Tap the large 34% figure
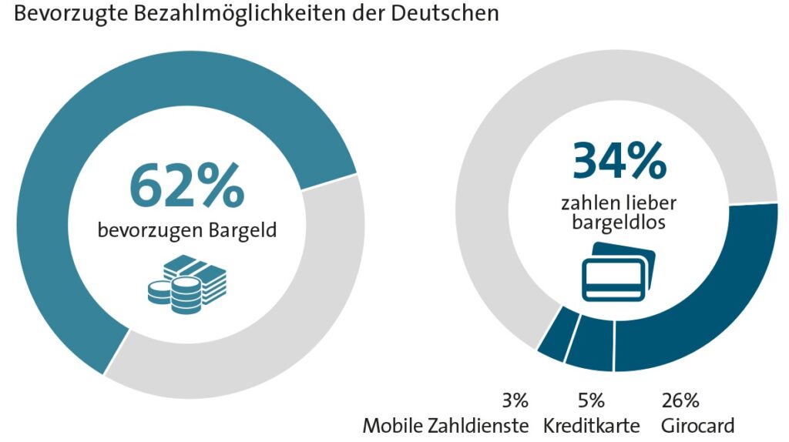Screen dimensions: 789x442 619,161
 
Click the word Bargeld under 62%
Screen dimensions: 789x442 243,230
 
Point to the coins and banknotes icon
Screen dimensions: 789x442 186,284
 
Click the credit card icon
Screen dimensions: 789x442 619,272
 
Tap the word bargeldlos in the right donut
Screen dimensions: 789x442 619,222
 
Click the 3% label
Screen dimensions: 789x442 515,400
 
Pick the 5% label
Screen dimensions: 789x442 591,400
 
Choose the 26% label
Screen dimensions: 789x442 680,400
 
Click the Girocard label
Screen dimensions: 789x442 697,426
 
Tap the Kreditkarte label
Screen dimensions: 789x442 591,426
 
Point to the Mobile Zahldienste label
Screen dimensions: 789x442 446,426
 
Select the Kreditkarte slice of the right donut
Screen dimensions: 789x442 589,343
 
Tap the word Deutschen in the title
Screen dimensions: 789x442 445,13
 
